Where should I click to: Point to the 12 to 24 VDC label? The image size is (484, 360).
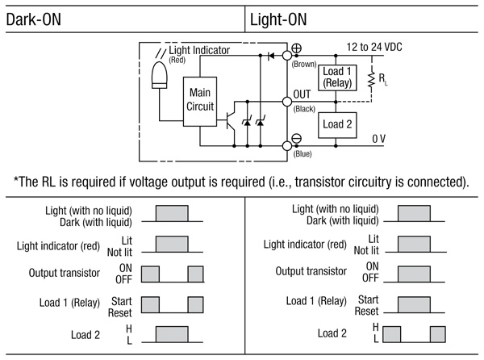(x=373, y=48)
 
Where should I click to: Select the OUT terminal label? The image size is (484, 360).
(x=303, y=94)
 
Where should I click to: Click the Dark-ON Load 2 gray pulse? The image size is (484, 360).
(x=171, y=333)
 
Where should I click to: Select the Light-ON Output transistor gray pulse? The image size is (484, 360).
(x=411, y=273)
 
